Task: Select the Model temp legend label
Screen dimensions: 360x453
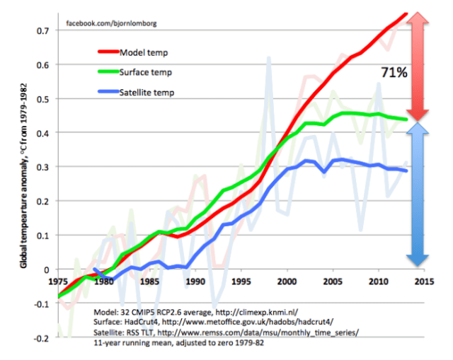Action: pos(144,52)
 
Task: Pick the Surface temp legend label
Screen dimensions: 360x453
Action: pos(147,72)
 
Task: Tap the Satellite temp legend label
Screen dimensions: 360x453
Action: pos(147,92)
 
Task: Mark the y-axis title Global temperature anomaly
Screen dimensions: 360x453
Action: pos(23,173)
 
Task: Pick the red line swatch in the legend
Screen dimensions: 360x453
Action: pos(107,52)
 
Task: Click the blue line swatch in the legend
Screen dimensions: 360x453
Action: pos(107,92)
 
